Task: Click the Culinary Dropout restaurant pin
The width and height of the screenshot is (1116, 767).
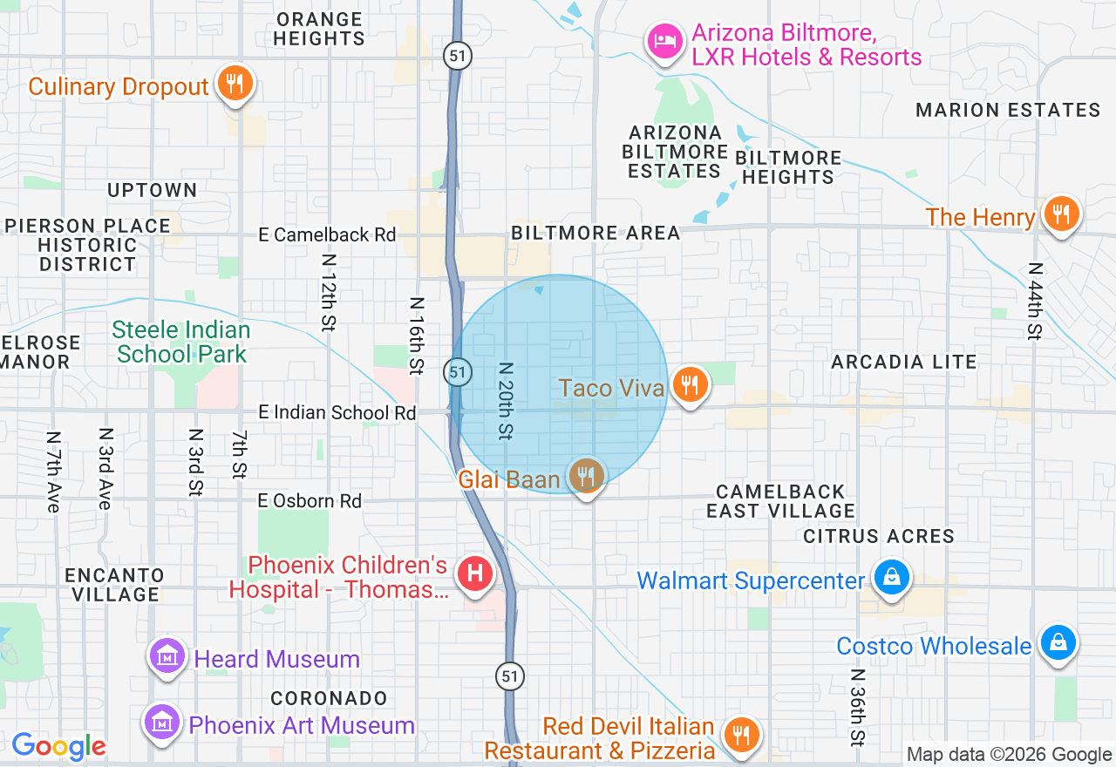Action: tap(234, 84)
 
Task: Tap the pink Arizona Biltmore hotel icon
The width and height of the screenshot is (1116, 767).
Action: tap(665, 40)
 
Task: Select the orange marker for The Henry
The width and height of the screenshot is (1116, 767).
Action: tap(1060, 214)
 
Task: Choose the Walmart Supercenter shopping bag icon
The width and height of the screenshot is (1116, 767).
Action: tap(892, 578)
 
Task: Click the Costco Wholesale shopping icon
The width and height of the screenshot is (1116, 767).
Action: tap(1058, 643)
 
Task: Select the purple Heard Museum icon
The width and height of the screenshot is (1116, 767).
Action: tap(167, 656)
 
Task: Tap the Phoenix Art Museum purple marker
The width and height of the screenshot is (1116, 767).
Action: tap(163, 723)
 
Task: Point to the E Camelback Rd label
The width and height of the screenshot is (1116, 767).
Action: tap(327, 234)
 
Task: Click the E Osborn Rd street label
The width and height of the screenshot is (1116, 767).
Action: tap(310, 500)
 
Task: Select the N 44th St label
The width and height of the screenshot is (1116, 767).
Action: tap(1034, 301)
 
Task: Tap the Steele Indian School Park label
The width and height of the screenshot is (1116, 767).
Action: tap(181, 342)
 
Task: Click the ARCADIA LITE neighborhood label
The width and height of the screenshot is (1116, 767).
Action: tap(903, 362)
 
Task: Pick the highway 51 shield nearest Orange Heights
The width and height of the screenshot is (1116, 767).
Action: tap(457, 56)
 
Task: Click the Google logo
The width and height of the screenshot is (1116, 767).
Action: tap(58, 746)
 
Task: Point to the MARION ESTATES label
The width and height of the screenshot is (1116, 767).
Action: tap(1008, 110)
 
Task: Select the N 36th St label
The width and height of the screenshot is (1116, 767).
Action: tap(858, 706)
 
